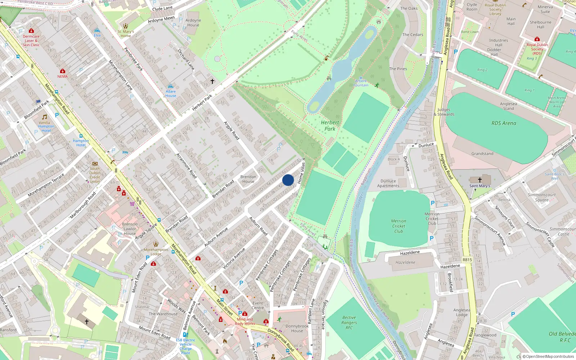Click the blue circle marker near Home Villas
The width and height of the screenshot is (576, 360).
click(x=288, y=180)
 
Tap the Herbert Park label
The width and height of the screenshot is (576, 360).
click(x=330, y=126)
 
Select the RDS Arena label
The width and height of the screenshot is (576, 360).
click(x=504, y=123)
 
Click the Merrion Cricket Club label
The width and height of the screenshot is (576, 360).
click(x=399, y=226)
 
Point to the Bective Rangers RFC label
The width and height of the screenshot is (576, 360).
click(x=349, y=323)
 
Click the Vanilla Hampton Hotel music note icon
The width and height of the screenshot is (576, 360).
click(x=45, y=117)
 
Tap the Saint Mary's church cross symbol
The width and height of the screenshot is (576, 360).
click(x=480, y=180)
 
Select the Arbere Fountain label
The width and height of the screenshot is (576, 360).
click(x=361, y=83)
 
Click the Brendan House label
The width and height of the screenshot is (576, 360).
click(x=248, y=179)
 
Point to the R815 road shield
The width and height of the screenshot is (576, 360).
click(x=467, y=260)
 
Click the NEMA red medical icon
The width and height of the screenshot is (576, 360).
click(x=63, y=71)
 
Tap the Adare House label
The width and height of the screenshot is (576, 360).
click(x=171, y=94)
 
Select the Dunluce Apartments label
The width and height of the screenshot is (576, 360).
click(x=388, y=184)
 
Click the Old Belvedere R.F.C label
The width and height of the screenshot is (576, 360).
click(x=562, y=337)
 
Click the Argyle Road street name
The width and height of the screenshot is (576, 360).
click(x=231, y=130)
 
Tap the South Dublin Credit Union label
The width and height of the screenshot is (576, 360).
click(x=95, y=175)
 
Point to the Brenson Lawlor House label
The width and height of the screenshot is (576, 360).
click(x=130, y=229)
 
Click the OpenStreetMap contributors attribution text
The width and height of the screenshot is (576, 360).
click(x=550, y=357)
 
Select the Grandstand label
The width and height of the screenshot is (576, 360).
click(x=482, y=154)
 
